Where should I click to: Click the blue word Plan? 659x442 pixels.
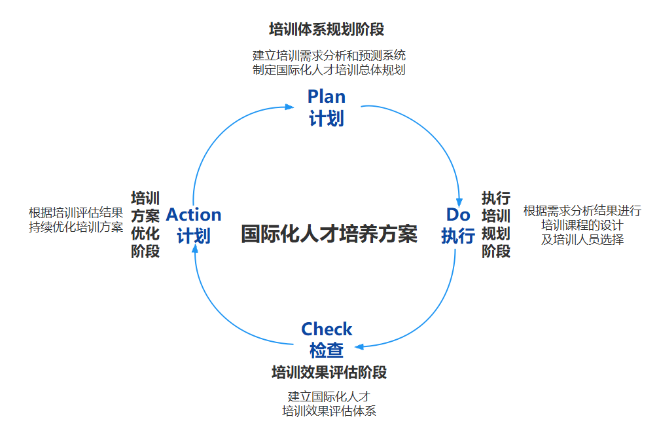[x=327, y=97]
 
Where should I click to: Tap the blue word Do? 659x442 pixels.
[x=458, y=214]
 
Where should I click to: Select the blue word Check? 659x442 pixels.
[x=327, y=329]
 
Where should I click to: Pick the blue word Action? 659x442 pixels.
[x=194, y=214]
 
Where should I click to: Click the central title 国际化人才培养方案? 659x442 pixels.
[x=329, y=234]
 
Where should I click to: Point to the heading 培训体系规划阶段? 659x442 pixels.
[x=327, y=29]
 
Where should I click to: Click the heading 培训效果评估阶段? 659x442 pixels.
[x=329, y=373]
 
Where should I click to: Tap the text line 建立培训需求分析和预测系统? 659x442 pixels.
[x=329, y=56]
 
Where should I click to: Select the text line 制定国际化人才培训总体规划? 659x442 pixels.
[x=329, y=70]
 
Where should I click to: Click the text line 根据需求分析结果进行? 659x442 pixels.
[x=582, y=211]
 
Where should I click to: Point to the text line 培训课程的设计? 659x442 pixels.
[x=582, y=225]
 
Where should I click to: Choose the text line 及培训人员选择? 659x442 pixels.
[x=582, y=240]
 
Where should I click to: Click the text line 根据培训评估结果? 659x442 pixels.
[x=76, y=212]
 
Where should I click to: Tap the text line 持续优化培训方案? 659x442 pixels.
[x=76, y=227]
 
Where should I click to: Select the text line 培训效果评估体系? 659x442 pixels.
[x=329, y=411]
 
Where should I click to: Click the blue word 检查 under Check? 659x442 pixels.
[x=327, y=350]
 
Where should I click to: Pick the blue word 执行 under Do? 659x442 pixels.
[x=458, y=235]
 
